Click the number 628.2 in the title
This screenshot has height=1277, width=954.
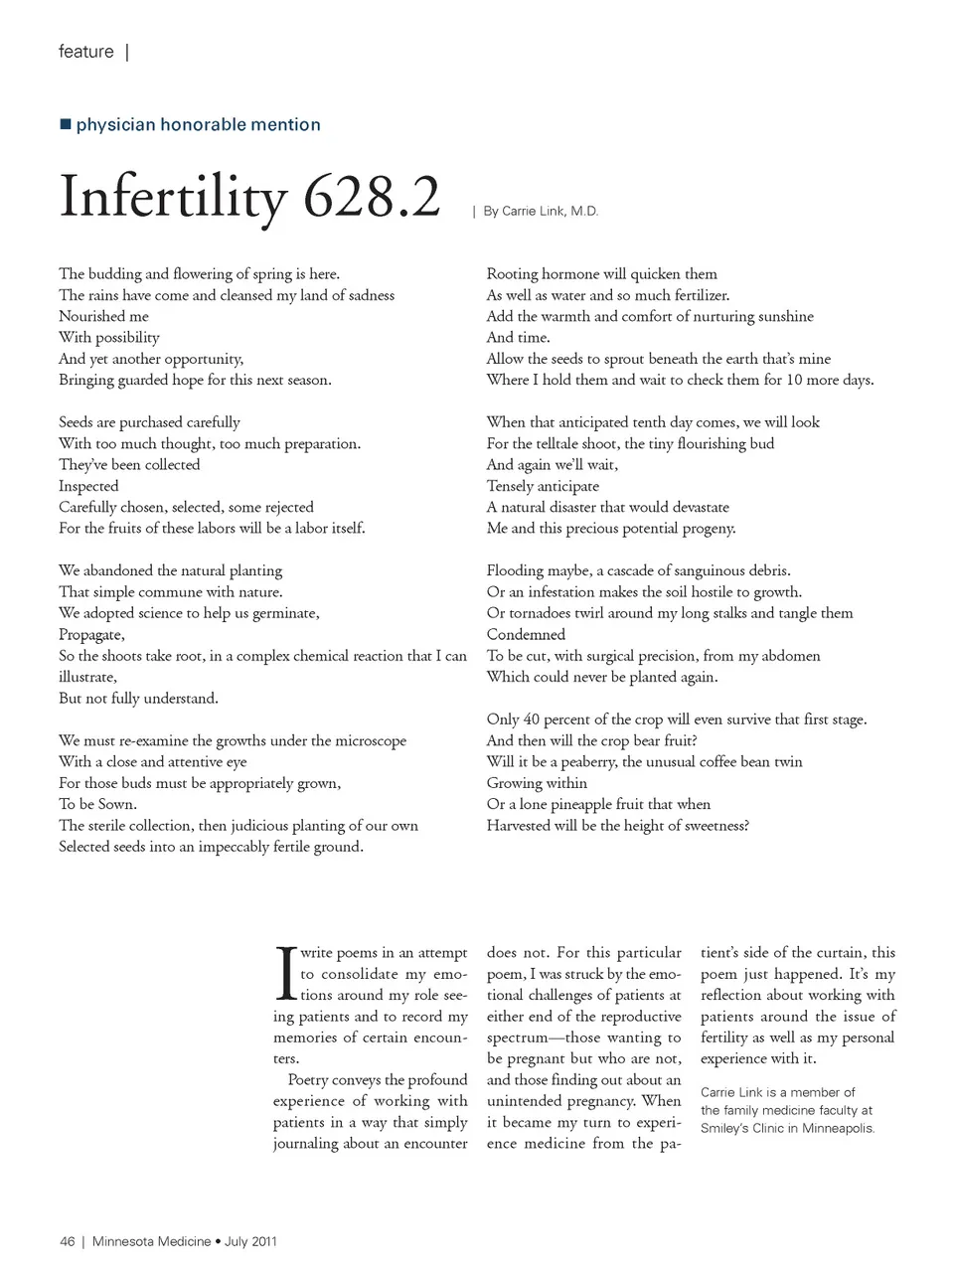pos(372,197)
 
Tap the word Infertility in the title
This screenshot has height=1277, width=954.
pos(173,197)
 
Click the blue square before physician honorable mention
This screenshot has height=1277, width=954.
pos(66,124)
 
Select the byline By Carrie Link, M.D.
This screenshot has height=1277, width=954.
pos(541,211)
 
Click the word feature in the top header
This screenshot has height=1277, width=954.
pos(86,52)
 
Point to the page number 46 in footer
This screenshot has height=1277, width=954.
pos(68,1241)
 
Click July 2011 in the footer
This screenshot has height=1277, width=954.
pos(250,1241)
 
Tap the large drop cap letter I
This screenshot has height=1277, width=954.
pos(284,974)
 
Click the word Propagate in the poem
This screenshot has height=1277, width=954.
pos(90,635)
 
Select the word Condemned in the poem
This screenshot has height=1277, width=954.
pos(526,635)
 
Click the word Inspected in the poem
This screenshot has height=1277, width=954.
pos(88,486)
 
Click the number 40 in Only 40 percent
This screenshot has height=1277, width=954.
pos(532,719)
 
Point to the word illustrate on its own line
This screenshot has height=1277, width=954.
pos(86,677)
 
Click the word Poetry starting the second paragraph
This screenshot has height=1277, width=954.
pos(308,1080)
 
